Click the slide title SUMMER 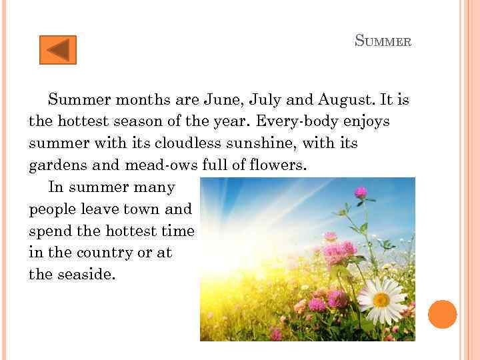pyautogui.click(x=383, y=41)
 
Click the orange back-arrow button pyautogui.click(x=58, y=50)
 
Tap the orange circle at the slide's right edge pyautogui.click(x=443, y=315)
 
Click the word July pyautogui.click(x=266, y=101)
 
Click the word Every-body pyautogui.click(x=291, y=122)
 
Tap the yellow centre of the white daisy pyautogui.click(x=381, y=299)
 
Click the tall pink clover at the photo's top pyautogui.click(x=361, y=193)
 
